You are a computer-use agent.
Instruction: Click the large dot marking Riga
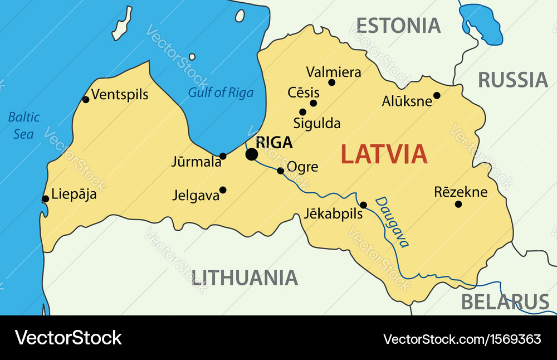(252, 154)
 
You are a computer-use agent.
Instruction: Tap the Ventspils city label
(120, 94)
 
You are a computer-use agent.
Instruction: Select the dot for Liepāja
(46, 199)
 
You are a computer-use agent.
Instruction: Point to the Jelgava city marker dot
(223, 190)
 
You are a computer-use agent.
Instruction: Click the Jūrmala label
(196, 162)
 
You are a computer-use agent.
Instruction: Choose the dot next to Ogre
(280, 171)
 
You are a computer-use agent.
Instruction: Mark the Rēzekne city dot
(458, 204)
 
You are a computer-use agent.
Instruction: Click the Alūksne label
(407, 101)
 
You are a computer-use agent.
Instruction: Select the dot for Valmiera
(331, 82)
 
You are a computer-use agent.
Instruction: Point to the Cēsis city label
(304, 93)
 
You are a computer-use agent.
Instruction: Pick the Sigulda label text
(317, 123)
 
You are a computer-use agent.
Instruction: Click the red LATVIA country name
(384, 154)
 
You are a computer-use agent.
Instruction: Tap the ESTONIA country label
(398, 26)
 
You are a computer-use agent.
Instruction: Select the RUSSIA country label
(512, 80)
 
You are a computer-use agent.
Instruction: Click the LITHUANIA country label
(245, 277)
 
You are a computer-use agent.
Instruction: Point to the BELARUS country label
(505, 301)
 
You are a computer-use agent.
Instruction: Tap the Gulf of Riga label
(221, 93)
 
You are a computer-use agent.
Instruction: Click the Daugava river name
(393, 222)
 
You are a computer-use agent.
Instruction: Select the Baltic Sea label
(24, 125)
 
